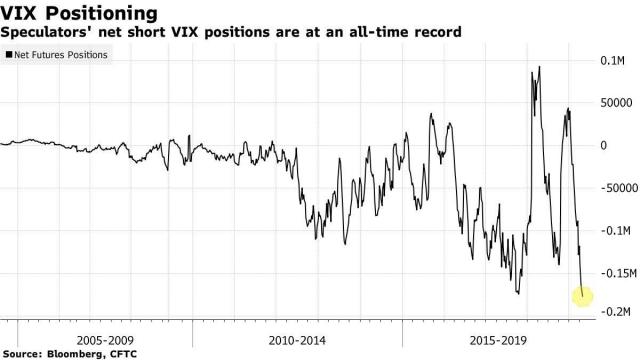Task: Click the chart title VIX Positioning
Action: pos(80,13)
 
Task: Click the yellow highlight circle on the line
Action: pos(583,295)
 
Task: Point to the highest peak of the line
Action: pos(540,68)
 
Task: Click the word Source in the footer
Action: pos(24,354)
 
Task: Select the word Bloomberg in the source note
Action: pos(78,354)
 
